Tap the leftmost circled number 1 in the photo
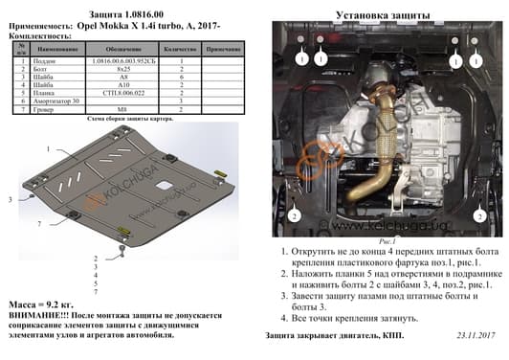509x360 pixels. click(299, 59)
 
